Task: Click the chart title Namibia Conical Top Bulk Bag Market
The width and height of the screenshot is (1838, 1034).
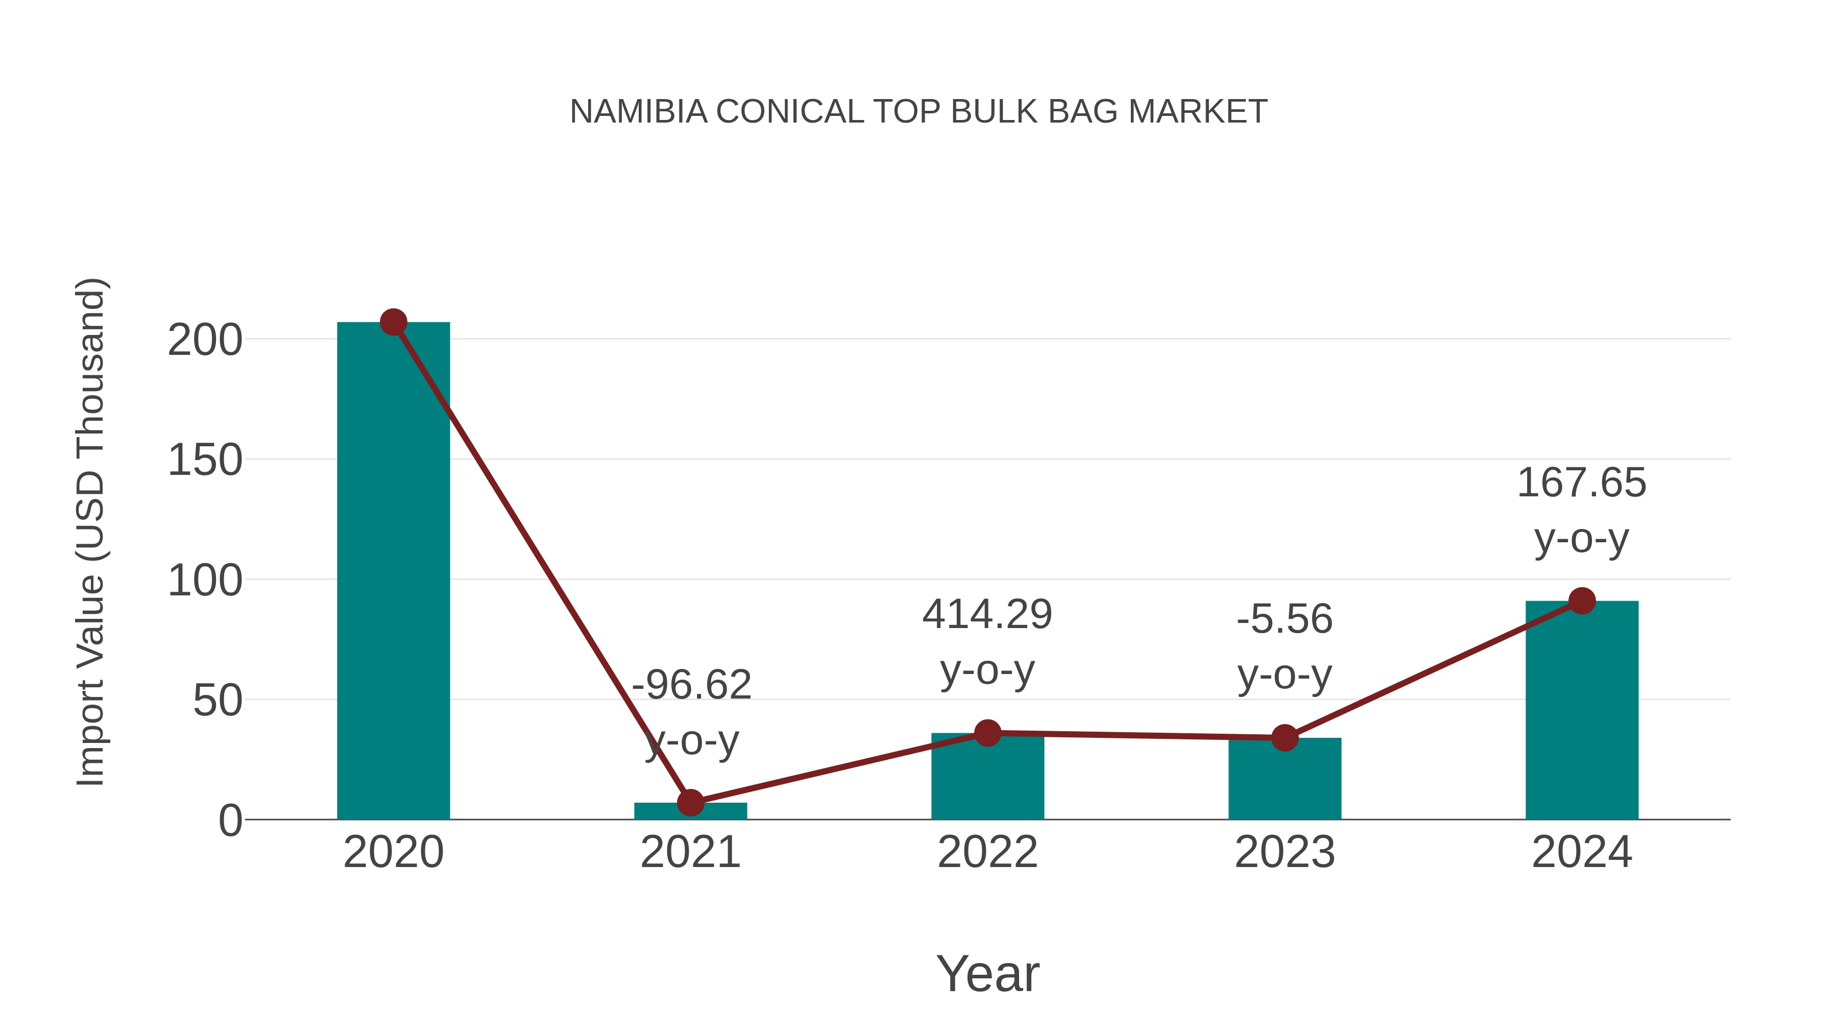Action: point(918,112)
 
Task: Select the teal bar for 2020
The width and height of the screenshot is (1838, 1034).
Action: point(393,571)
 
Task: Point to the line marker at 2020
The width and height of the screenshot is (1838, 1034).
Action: point(393,323)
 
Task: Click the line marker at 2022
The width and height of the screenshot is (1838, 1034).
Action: point(987,733)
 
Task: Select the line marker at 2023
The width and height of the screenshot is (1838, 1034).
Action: point(1285,738)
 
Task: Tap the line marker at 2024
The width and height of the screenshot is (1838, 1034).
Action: point(1582,601)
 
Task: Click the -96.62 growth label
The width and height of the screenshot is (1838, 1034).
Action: point(691,685)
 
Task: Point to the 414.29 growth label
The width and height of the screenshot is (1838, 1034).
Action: point(987,615)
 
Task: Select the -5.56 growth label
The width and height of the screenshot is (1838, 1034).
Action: point(1285,619)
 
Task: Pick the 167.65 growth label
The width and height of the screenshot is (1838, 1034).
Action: point(1582,483)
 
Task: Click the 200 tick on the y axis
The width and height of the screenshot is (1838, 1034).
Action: point(205,341)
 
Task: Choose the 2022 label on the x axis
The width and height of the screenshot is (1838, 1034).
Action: point(987,852)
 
